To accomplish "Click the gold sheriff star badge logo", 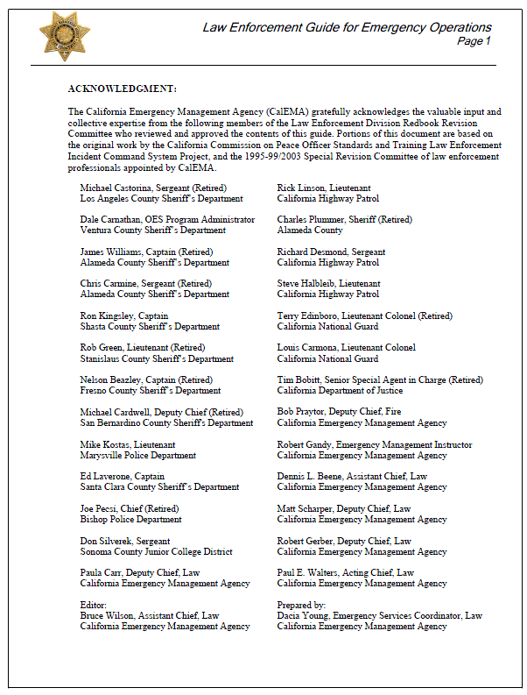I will tap(64, 36).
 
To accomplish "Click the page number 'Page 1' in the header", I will tap(474, 41).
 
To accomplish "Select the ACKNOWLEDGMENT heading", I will tap(122, 89).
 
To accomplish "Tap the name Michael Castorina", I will tap(115, 188).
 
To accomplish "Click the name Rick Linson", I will tap(300, 188).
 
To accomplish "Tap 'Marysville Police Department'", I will tap(137, 455).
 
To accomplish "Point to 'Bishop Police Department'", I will tap(130, 519).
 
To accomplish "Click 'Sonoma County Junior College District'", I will tap(156, 551).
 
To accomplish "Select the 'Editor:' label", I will tap(93, 605).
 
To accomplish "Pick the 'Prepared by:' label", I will tap(301, 605).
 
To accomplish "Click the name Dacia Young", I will tap(303, 615).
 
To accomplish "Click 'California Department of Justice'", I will tap(341, 391).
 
